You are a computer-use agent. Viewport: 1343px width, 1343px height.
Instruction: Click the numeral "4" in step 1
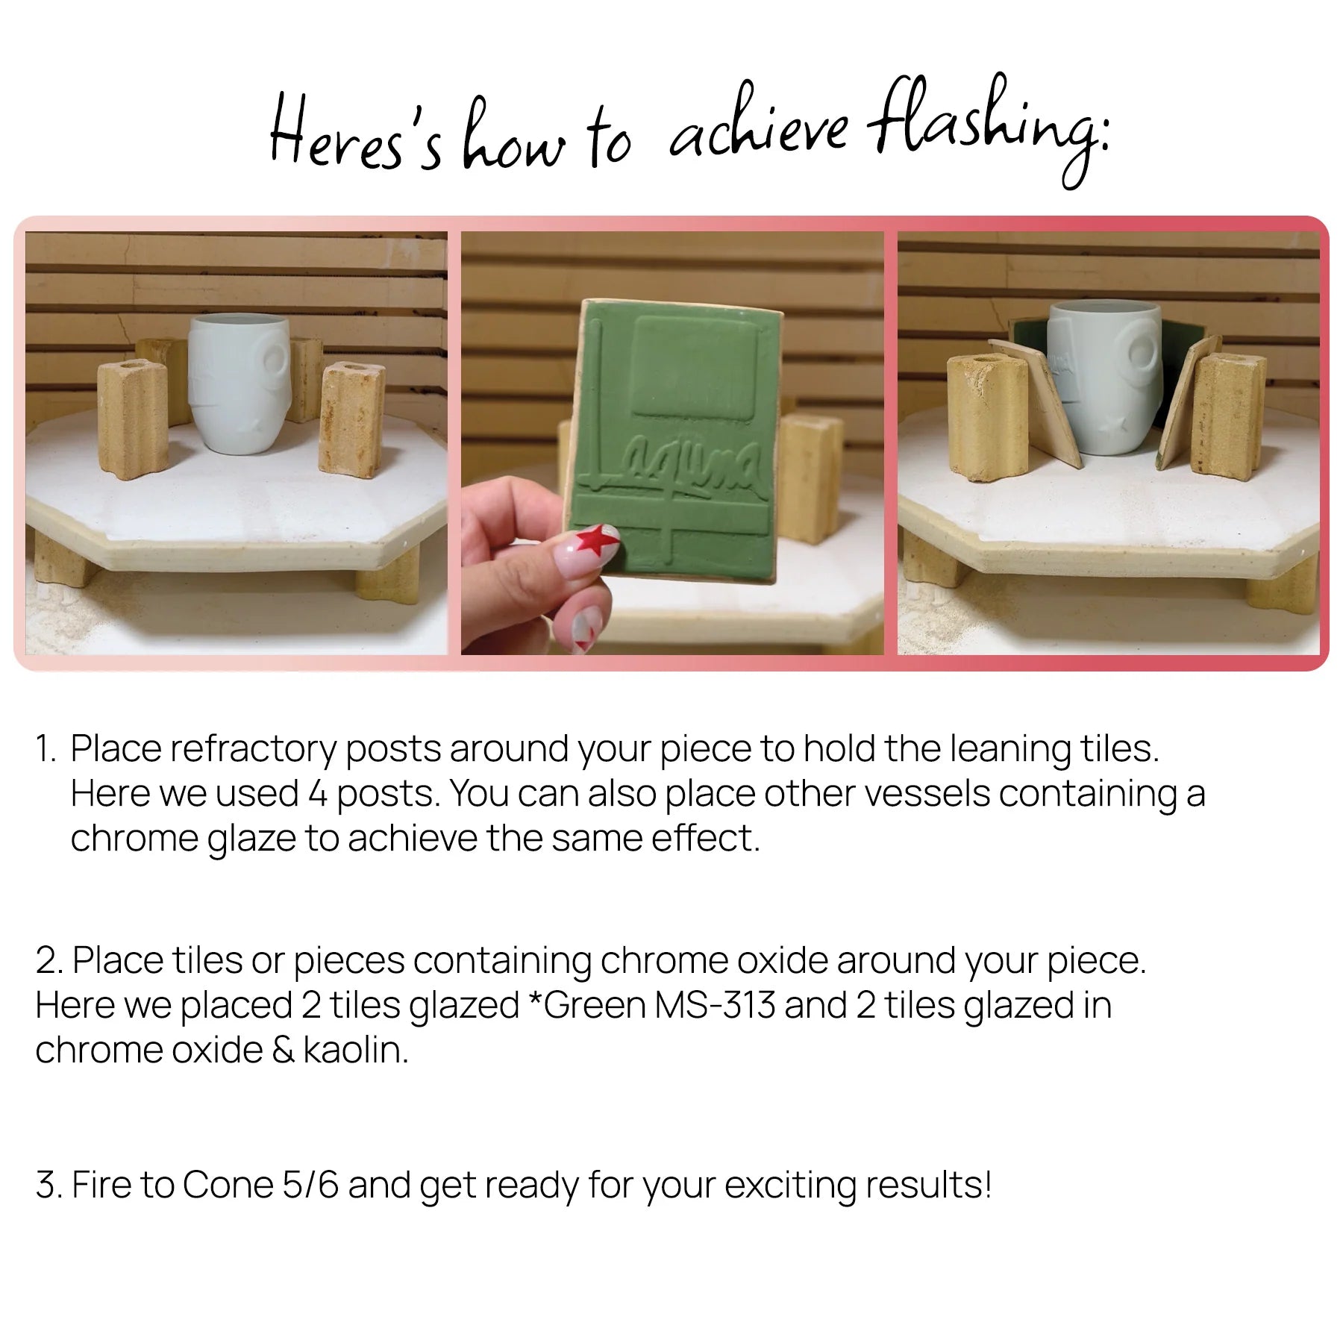(317, 794)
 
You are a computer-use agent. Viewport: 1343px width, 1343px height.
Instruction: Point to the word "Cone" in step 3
(228, 1185)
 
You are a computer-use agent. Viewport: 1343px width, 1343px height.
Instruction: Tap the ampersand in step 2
(283, 1050)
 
